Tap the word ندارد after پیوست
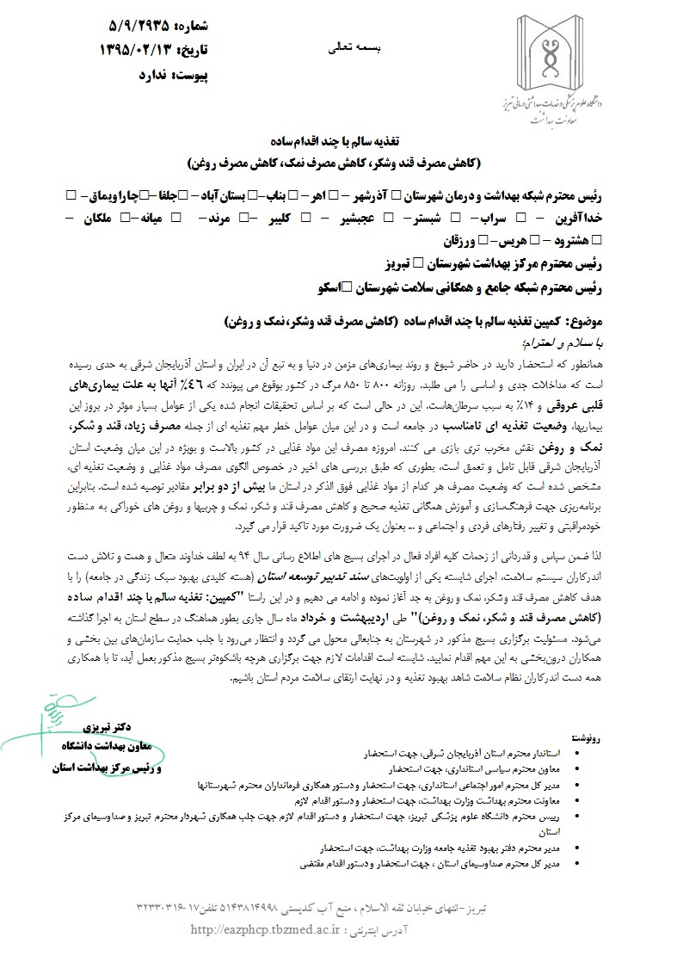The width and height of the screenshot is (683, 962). [117, 76]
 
